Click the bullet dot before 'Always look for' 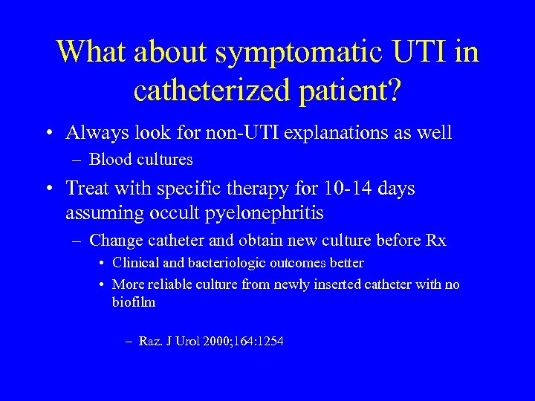49,134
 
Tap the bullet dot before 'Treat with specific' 49,189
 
